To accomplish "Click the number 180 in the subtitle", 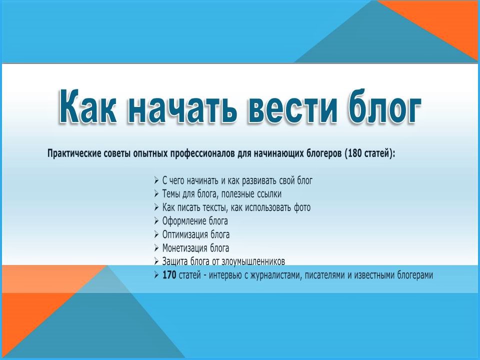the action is (355, 153).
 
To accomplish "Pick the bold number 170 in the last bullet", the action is (169, 275).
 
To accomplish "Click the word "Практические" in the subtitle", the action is (74, 153).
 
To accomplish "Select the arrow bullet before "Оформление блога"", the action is (156, 220).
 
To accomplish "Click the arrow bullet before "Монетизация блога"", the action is (156, 247).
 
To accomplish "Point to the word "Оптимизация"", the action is (180, 235).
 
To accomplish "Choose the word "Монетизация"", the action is (180, 248).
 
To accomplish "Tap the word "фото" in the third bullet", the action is (302, 207).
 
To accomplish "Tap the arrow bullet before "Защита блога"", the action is (156, 261).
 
